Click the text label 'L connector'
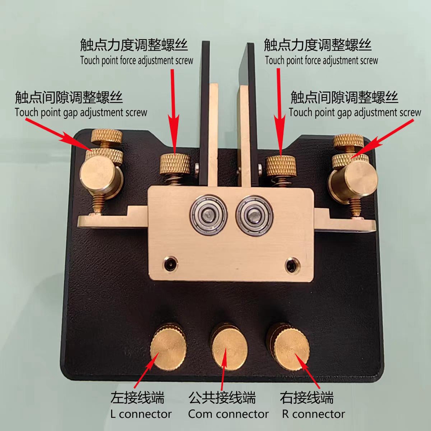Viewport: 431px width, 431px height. click(141, 414)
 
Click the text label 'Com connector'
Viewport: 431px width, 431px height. click(228, 414)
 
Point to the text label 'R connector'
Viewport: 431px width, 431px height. click(314, 414)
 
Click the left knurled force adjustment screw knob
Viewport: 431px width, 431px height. click(175, 164)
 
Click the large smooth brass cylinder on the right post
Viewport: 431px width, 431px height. click(355, 180)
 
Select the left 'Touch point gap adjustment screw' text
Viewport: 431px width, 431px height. click(81, 112)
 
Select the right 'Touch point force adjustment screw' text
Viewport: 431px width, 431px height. click(322, 60)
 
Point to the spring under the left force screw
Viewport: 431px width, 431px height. click(176, 180)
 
